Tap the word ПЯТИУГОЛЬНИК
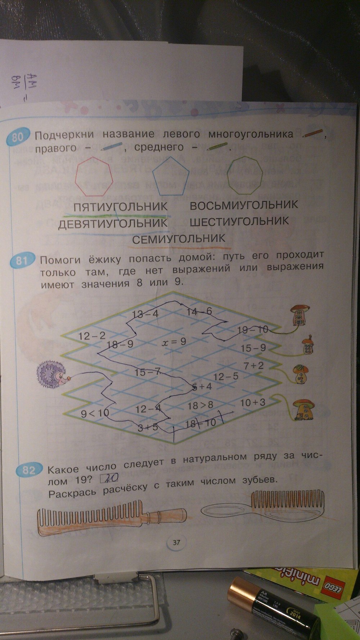point(121,207)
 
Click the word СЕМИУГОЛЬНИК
point(179,238)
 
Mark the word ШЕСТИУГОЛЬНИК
point(239,221)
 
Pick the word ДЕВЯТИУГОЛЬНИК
point(113,223)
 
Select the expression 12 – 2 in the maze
point(92,336)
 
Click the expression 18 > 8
point(201,405)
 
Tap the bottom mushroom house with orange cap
point(305,409)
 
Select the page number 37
point(176,543)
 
